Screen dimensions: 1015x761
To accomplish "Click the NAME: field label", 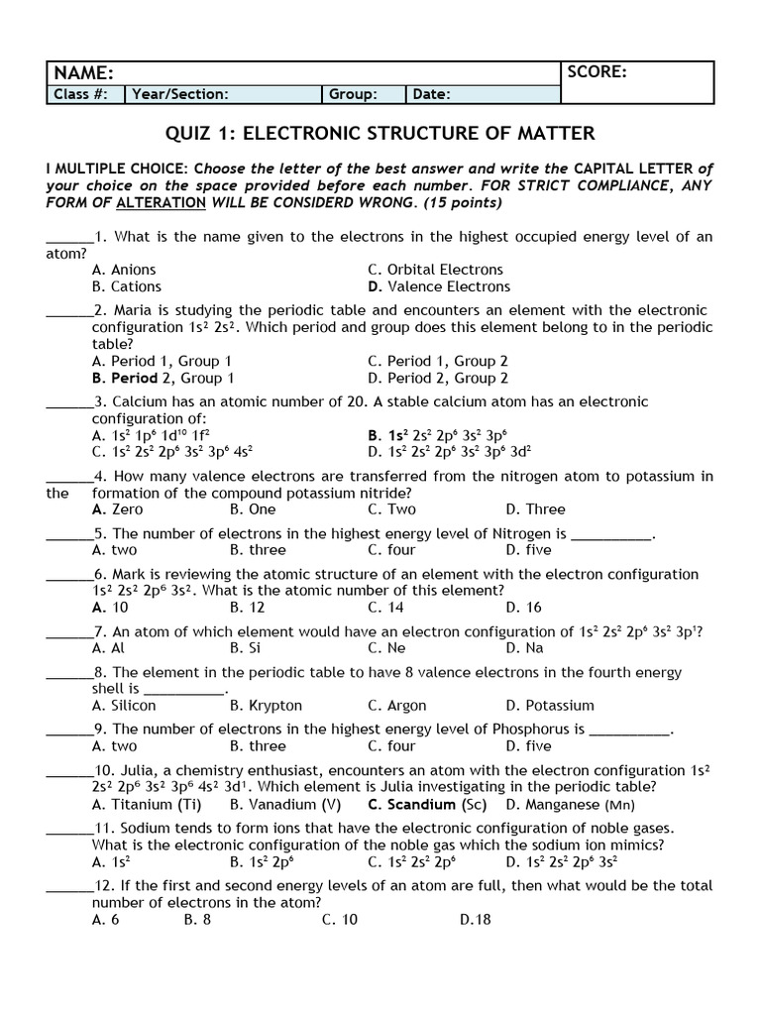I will pos(83,73).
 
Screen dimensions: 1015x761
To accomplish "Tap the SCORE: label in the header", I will pos(597,71).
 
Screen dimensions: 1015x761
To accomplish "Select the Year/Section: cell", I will pos(180,95).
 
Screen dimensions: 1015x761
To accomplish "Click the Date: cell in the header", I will pos(432,95).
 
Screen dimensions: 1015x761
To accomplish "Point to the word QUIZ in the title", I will pos(187,133).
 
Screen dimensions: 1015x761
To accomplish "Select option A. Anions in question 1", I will pos(124,270).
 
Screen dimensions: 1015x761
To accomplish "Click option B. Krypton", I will pos(266,706).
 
